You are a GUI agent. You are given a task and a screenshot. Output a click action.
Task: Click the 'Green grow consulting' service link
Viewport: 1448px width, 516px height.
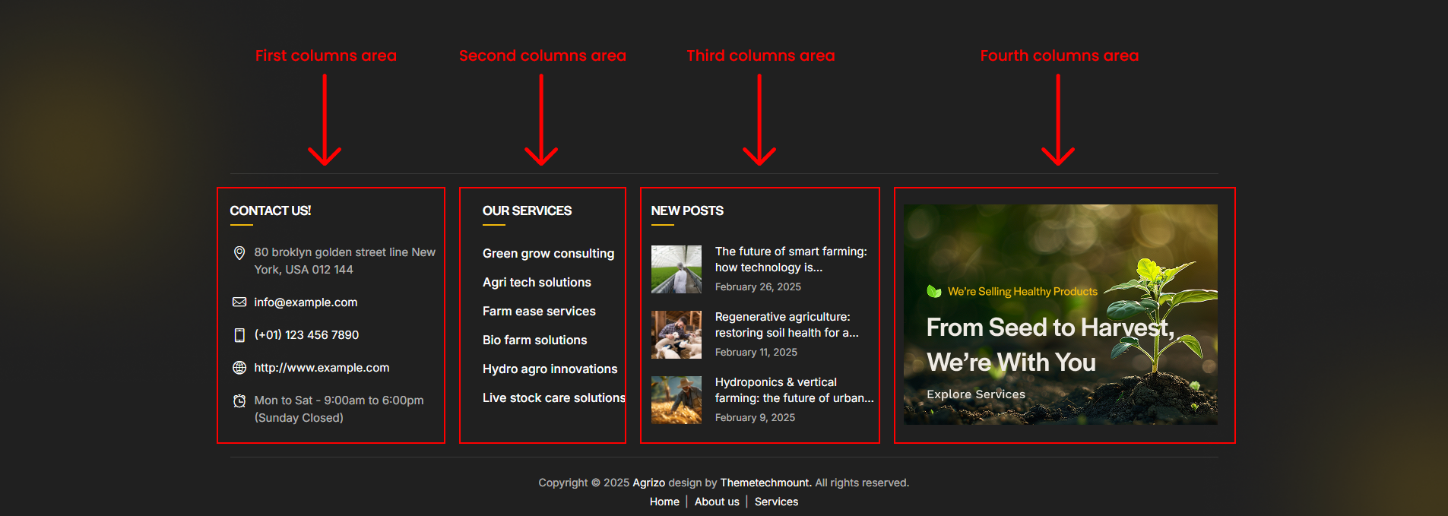click(x=548, y=253)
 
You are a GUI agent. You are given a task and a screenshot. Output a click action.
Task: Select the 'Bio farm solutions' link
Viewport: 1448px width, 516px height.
click(x=534, y=340)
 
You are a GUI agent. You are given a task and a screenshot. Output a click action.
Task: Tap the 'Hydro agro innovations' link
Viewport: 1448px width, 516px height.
click(x=550, y=369)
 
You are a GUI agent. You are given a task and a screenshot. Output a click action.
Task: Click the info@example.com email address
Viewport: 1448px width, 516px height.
click(x=306, y=302)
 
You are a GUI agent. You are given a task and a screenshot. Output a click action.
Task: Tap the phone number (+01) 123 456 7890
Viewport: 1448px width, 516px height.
click(x=306, y=335)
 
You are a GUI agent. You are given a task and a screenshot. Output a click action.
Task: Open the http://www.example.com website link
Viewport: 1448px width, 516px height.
click(x=322, y=368)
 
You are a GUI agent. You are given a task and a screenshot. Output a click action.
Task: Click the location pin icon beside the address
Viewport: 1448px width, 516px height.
click(x=239, y=252)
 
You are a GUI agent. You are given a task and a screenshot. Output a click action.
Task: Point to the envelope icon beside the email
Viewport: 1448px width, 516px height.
click(x=239, y=302)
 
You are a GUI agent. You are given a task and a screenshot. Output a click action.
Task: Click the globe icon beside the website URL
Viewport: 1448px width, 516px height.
click(x=239, y=368)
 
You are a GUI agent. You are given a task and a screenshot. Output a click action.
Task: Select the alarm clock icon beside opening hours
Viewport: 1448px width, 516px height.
click(x=239, y=400)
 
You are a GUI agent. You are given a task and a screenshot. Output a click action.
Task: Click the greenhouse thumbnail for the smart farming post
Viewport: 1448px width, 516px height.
click(x=676, y=269)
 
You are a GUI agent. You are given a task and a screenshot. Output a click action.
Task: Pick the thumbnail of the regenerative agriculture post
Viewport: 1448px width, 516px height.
click(x=676, y=334)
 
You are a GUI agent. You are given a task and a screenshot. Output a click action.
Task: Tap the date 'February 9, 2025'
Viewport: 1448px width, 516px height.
click(x=755, y=417)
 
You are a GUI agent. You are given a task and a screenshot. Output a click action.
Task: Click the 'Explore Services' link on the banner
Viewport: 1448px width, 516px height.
click(x=976, y=394)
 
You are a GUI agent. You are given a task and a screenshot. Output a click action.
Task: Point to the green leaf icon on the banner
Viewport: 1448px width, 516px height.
click(x=934, y=291)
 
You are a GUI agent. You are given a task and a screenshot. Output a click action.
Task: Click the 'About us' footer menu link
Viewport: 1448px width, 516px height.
click(x=717, y=502)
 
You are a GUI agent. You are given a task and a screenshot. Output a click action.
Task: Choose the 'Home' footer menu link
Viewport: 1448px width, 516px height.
click(x=664, y=502)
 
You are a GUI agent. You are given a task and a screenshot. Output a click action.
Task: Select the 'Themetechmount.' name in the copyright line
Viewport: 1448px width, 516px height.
click(x=766, y=483)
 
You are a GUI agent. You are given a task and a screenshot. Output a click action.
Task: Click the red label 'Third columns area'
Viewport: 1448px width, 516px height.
click(x=760, y=55)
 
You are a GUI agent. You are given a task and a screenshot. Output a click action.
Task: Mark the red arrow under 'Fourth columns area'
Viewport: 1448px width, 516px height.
click(x=1058, y=119)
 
